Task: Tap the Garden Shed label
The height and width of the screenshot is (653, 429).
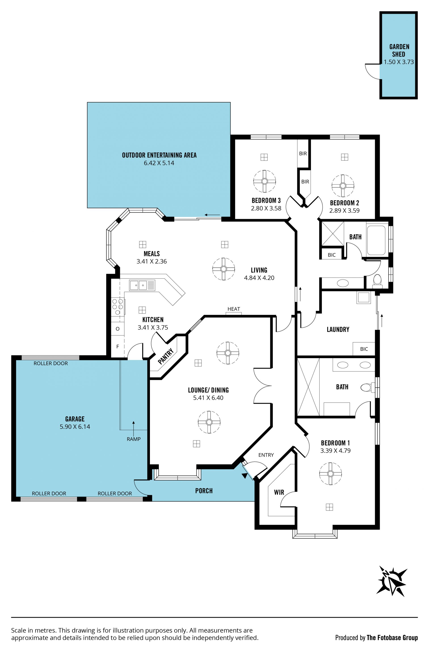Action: tap(399, 51)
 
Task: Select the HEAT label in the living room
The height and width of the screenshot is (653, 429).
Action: tap(234, 309)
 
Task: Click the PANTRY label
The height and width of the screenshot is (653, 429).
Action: tap(166, 356)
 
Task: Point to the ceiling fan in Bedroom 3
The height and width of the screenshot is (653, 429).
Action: tap(264, 181)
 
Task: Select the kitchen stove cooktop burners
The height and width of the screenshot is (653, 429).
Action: tap(117, 306)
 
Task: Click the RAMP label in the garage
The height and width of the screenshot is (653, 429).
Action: tap(134, 439)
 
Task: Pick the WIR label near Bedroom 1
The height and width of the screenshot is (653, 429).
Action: tap(279, 492)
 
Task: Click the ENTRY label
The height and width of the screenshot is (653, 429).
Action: tap(266, 455)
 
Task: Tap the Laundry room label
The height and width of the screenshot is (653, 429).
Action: tap(338, 329)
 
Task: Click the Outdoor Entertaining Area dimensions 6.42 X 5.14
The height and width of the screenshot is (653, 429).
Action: tap(159, 163)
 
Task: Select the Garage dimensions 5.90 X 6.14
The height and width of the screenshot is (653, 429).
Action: tap(75, 427)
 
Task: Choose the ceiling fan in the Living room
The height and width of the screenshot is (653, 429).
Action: tap(224, 269)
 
